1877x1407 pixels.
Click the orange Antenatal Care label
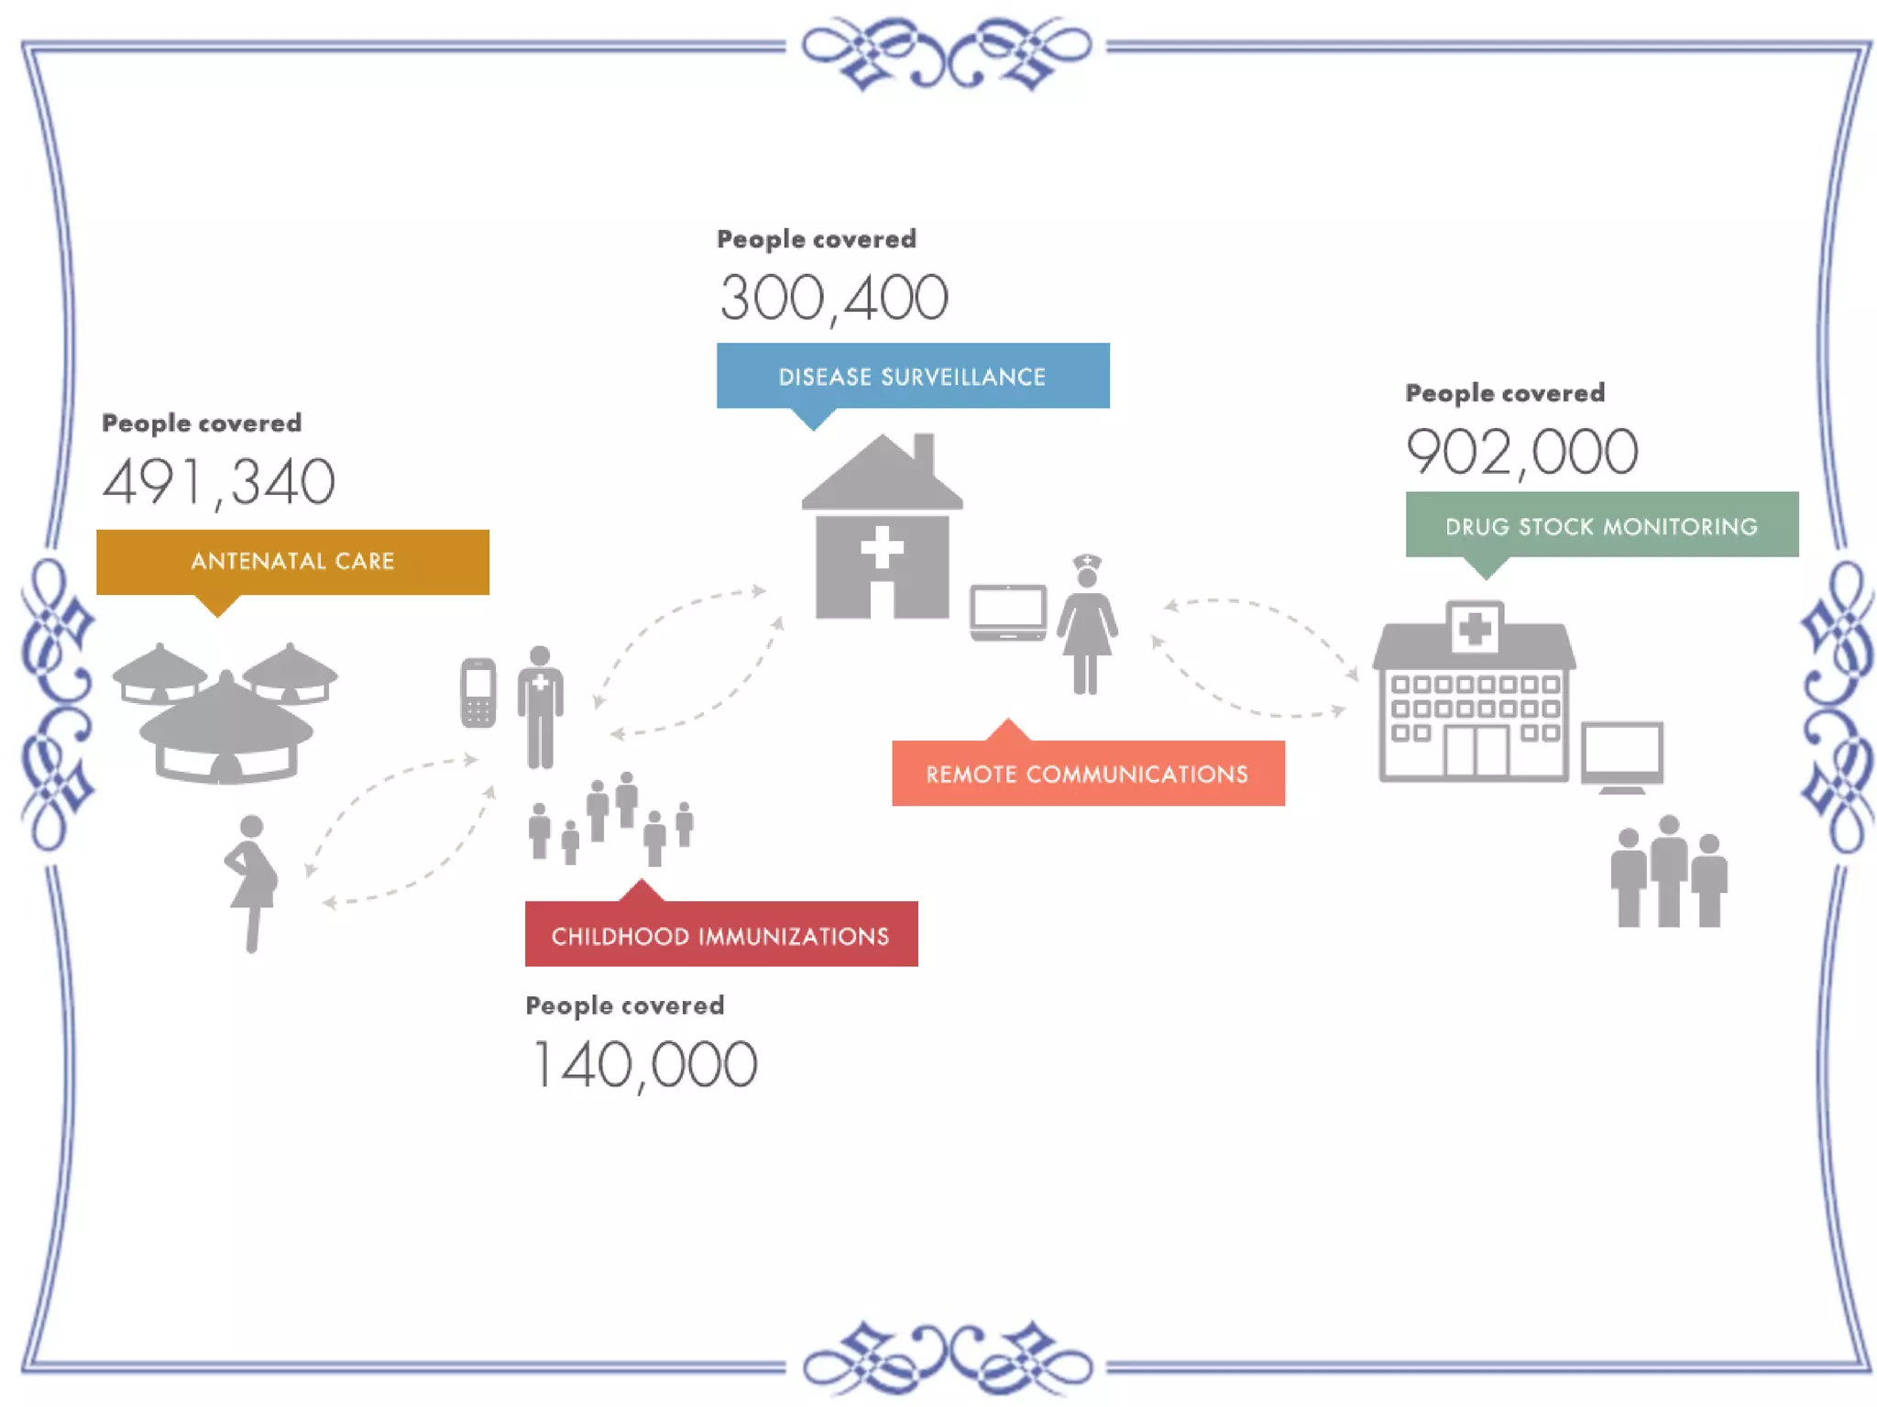292,561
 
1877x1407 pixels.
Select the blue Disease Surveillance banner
912,376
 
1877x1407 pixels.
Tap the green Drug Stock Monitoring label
1601,525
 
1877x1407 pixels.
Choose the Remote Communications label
1087,774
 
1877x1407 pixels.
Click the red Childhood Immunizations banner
720,935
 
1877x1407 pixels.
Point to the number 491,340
219,481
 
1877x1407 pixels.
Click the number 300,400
833,298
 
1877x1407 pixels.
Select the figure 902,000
1521,451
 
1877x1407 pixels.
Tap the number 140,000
643,1064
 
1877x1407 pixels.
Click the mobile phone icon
478,693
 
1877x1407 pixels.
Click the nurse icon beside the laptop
1087,625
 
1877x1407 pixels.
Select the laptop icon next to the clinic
1008,611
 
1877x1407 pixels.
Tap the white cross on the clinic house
882,547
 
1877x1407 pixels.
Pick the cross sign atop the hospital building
1475,629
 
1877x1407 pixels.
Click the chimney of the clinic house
924,454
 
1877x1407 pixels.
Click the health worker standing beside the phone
541,706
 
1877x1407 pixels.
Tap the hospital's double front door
1476,751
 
